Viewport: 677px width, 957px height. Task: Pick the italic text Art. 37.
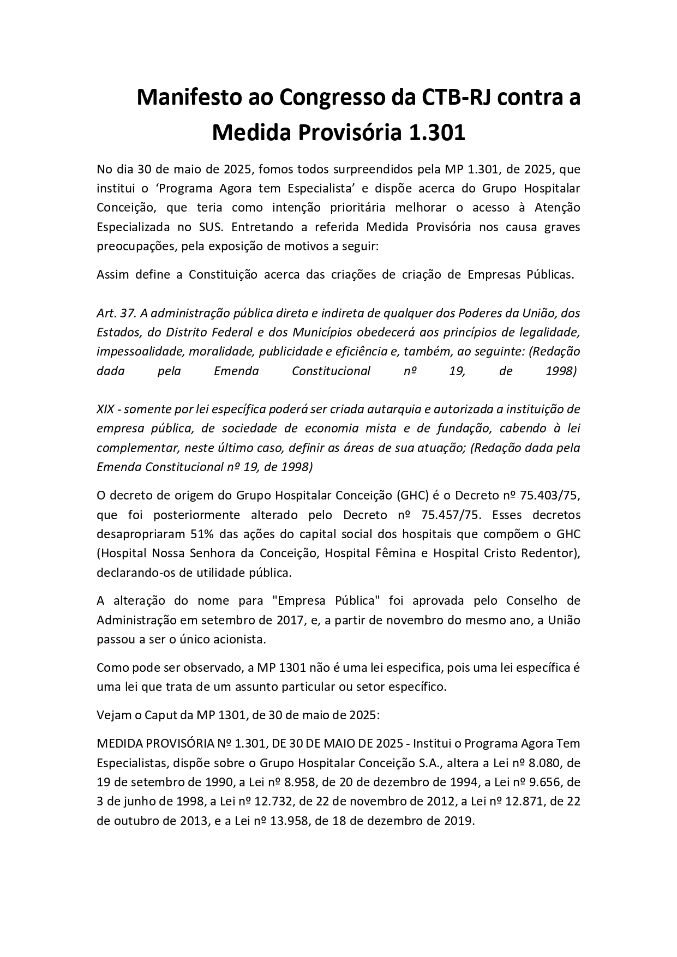(x=116, y=314)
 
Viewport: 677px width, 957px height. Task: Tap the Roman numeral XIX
(x=105, y=410)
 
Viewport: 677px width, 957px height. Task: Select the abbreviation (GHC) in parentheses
(x=408, y=496)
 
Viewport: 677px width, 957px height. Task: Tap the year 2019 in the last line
(x=457, y=821)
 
